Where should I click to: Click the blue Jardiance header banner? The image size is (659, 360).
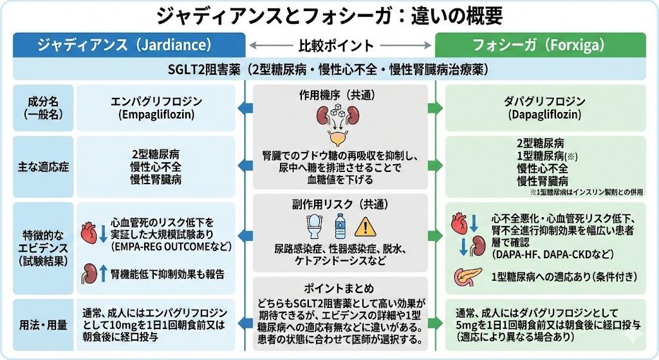click(x=129, y=45)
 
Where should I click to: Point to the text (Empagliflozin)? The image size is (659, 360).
click(x=157, y=115)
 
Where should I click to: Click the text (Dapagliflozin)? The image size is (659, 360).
click(x=544, y=115)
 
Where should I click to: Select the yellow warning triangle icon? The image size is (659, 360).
click(x=366, y=227)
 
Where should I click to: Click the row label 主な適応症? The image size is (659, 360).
click(x=42, y=166)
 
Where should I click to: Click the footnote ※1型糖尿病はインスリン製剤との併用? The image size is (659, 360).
click(x=584, y=193)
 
